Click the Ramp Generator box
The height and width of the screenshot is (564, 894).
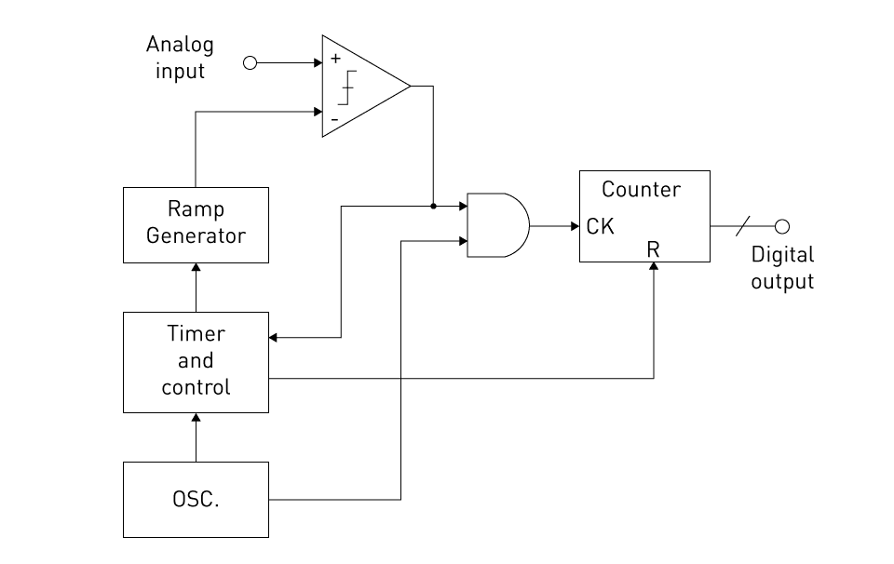(196, 224)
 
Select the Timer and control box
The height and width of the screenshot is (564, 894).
(196, 361)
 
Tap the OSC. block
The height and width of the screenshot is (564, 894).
(196, 499)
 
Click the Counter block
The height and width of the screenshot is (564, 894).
(643, 216)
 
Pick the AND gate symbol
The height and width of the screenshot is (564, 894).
(496, 225)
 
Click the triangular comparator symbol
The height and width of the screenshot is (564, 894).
(363, 87)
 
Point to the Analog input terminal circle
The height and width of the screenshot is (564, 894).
(250, 63)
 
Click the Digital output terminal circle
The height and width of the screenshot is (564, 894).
(782, 226)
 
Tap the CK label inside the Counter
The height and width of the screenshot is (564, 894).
(601, 226)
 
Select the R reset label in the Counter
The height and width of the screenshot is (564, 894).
(653, 249)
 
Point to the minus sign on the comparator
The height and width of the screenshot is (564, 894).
(334, 120)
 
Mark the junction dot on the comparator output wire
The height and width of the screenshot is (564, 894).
(433, 206)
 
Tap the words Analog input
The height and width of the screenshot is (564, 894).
(180, 57)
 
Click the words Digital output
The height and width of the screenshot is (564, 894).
(782, 268)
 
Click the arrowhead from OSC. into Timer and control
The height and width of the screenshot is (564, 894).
(196, 420)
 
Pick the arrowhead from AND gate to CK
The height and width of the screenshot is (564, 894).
(574, 226)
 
